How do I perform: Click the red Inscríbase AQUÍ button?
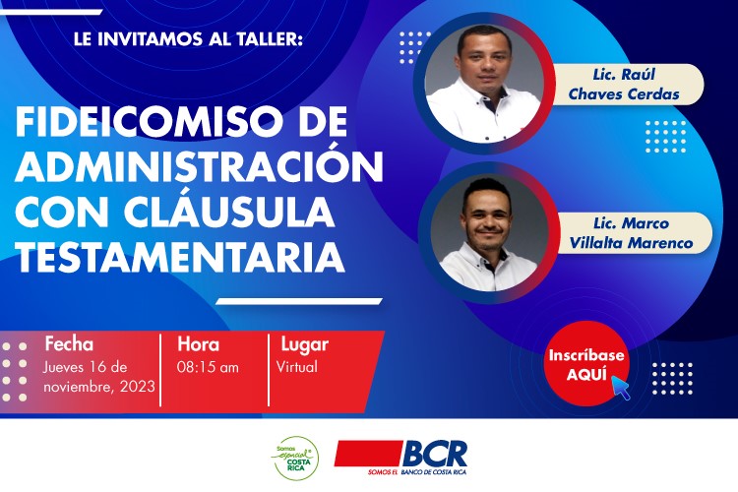pos(586,363)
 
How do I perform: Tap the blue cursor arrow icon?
pos(621,388)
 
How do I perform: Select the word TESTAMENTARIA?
pos(180,258)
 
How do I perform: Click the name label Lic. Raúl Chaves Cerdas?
pos(624,85)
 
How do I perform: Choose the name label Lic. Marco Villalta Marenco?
pos(631,232)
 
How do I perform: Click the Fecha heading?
pos(69,344)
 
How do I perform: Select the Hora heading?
pos(198,344)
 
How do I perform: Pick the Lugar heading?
pos(304,345)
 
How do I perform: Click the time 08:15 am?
pos(208,367)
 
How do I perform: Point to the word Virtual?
pos(297,367)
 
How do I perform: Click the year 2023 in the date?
pos(138,387)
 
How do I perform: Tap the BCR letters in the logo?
pos(435,454)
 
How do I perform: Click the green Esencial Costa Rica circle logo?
pos(296,459)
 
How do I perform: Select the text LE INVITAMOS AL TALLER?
pos(187,39)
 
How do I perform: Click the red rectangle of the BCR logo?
pos(369,454)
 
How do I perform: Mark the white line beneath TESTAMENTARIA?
pos(299,301)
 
